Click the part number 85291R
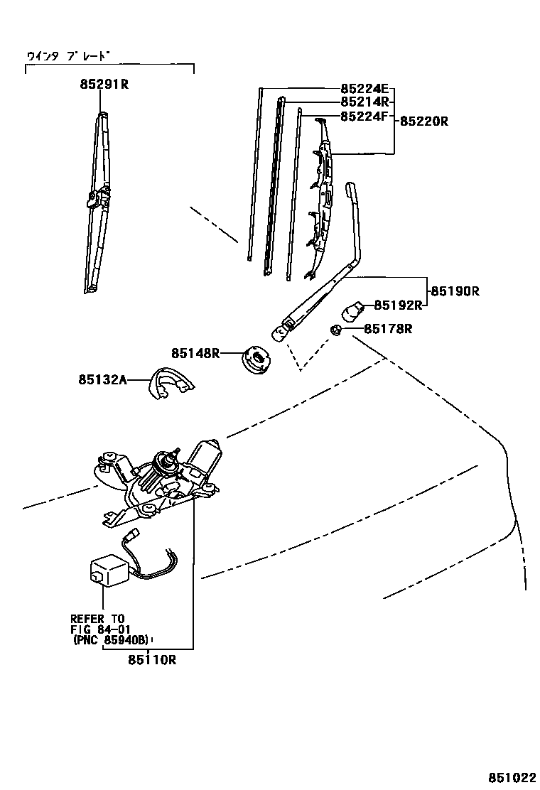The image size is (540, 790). (x=104, y=85)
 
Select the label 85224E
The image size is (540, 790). (x=364, y=90)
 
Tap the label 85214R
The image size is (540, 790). (x=364, y=102)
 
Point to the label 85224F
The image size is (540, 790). (x=364, y=116)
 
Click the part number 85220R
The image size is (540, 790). (x=423, y=121)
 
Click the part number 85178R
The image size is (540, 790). (x=388, y=329)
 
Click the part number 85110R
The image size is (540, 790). (x=152, y=660)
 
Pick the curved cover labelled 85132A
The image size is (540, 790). (x=171, y=384)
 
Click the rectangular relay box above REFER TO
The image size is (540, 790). (x=107, y=569)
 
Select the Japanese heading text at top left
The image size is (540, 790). (x=69, y=55)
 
